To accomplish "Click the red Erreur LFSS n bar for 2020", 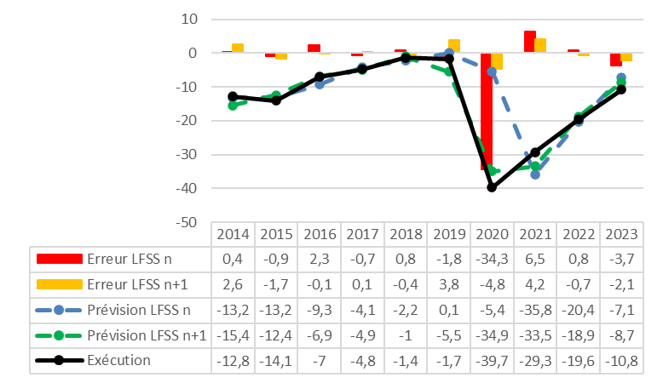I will [x=487, y=111].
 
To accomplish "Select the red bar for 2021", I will [x=530, y=42].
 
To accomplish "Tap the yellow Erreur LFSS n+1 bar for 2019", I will [x=454, y=46].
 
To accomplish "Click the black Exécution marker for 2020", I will [x=492, y=186].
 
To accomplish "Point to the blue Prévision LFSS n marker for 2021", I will [x=535, y=174].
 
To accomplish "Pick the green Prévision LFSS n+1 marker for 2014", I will [x=233, y=105].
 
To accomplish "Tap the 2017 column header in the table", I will [x=361, y=233].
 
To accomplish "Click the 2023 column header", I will [x=622, y=233].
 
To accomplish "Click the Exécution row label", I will [x=118, y=360].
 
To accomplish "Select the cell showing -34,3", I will [x=492, y=258].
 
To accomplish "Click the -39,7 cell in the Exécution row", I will [x=492, y=360].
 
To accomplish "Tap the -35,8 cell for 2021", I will [x=535, y=309].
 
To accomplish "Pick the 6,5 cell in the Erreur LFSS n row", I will [x=535, y=258].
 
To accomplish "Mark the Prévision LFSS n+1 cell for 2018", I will [x=405, y=334].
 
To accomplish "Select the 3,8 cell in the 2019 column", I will [x=448, y=283].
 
